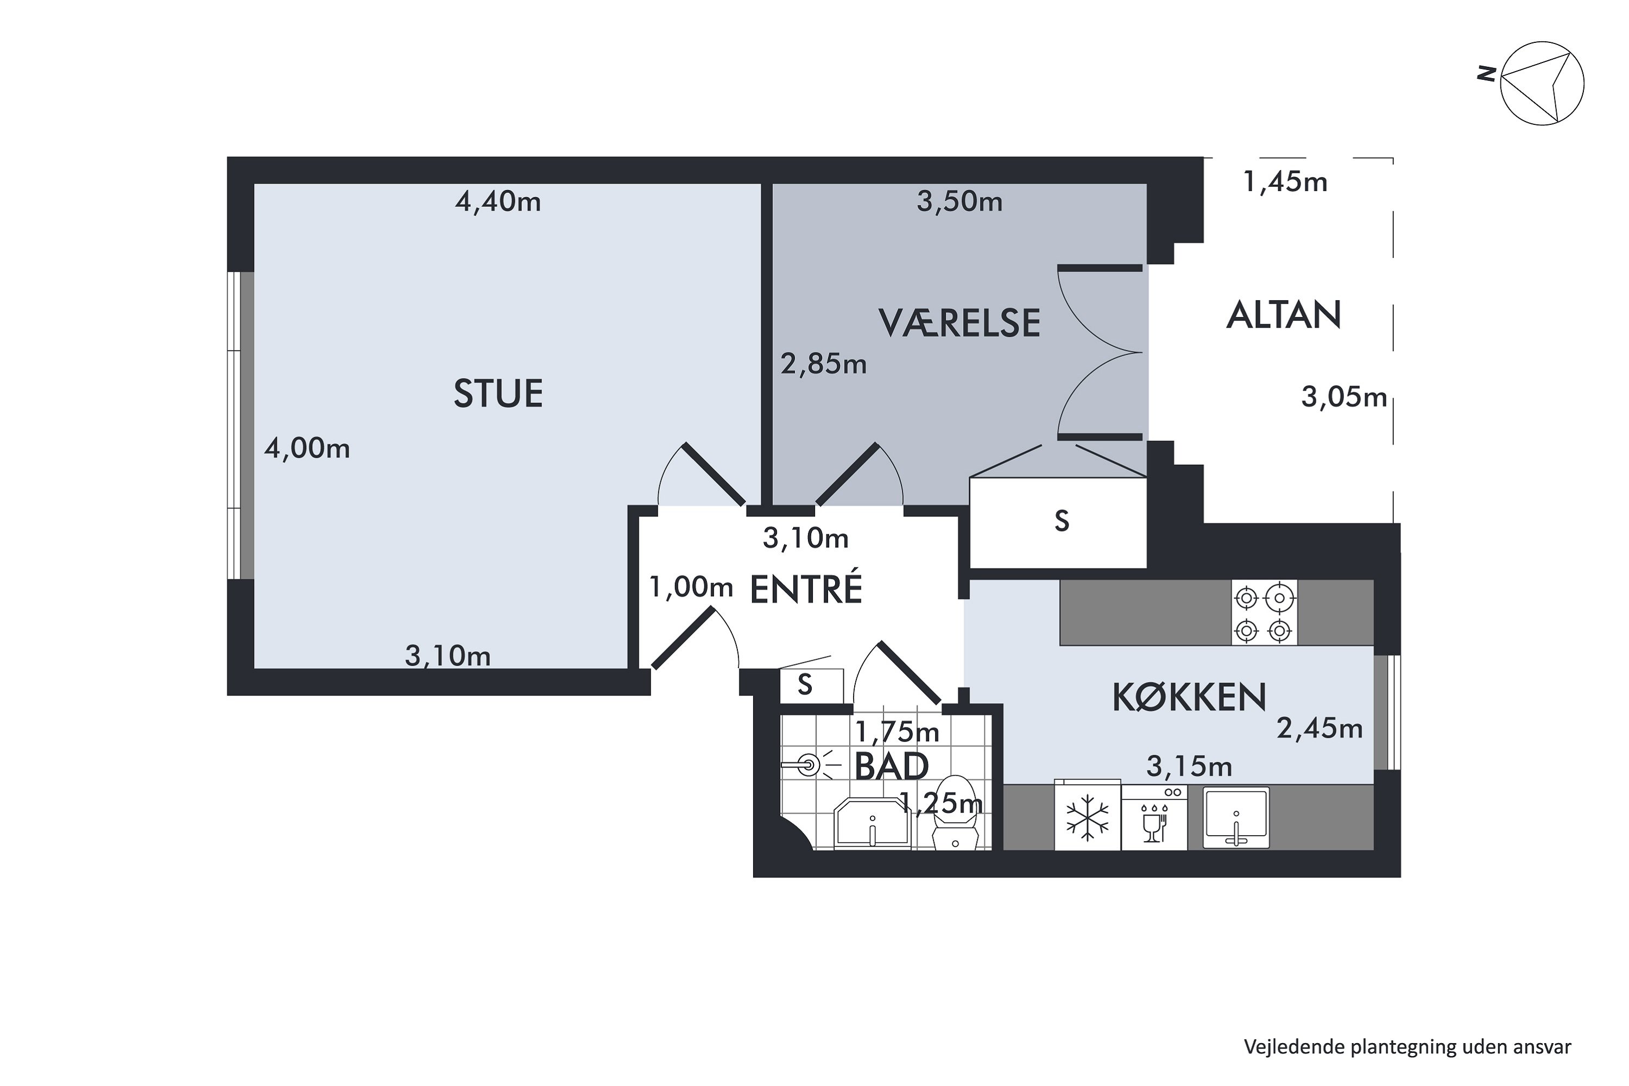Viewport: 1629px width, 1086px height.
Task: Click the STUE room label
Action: pos(498,393)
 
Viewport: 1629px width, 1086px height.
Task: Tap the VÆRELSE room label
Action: pos(959,323)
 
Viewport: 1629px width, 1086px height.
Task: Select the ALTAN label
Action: pos(1284,315)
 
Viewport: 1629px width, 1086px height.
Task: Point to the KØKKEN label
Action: pos(1189,697)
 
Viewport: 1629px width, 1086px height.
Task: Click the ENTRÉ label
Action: pos(806,589)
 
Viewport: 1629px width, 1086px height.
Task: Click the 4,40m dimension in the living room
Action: pos(498,201)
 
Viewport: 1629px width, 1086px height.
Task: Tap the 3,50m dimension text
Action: pos(959,201)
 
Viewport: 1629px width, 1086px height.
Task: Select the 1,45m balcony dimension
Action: pos(1285,182)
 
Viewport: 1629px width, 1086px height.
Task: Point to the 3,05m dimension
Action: pos(1343,397)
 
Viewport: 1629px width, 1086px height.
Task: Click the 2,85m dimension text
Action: pos(824,364)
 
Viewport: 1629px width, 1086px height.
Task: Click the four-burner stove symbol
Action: pos(1264,613)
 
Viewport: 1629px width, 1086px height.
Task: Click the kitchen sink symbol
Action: pos(1236,817)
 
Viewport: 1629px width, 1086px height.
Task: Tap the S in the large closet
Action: pos(1061,521)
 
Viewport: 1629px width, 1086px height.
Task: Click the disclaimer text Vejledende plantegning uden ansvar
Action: pos(1407,1046)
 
